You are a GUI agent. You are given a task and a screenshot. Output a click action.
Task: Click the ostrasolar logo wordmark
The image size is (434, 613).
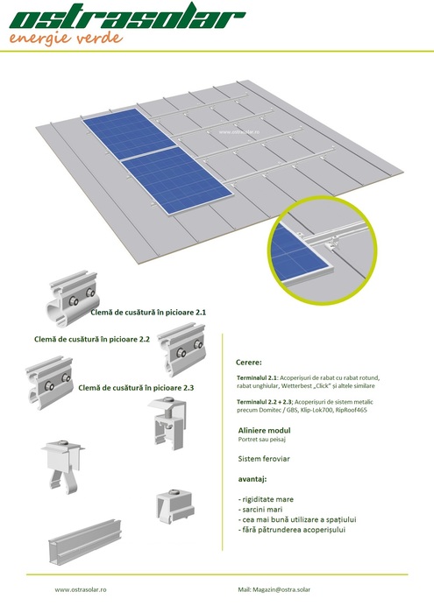coord(127,16)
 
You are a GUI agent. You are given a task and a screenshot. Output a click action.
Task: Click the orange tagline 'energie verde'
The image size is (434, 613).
coord(66,39)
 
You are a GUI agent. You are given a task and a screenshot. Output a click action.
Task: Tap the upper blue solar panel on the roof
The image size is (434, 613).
coord(129,133)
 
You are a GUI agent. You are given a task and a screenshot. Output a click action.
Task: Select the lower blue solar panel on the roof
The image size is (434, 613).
coord(177,181)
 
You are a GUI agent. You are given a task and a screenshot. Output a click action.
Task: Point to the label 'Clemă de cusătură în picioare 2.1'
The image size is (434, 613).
coord(148,313)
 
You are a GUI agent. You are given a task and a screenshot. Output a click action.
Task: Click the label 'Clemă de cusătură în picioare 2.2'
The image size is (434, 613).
coord(92,340)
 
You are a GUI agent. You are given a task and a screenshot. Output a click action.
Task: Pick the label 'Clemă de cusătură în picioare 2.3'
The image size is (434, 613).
coord(136,388)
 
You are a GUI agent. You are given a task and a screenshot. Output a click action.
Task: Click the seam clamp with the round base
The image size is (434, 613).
coord(73,299)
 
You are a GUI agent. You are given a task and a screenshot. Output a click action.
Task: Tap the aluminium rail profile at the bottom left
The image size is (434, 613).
coord(85,542)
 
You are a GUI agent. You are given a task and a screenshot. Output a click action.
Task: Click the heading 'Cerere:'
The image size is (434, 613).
coord(249,363)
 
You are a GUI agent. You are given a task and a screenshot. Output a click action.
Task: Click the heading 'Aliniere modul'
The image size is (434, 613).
coord(265,431)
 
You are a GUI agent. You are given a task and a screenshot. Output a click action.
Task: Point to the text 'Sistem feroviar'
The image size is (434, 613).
coord(264,459)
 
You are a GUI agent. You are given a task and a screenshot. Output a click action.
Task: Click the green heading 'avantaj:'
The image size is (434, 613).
coord(253,479)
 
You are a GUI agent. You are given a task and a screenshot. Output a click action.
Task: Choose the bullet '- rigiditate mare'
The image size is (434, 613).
coord(266,499)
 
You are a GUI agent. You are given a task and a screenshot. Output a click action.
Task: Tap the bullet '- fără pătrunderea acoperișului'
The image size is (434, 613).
coord(292,530)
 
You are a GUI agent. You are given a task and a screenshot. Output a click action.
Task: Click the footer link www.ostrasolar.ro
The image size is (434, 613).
coord(81,589)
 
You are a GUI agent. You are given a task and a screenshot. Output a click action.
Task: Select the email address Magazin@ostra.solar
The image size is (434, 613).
coord(281,589)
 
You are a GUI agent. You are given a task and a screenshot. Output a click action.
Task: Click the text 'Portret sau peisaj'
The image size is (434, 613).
coord(262,440)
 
